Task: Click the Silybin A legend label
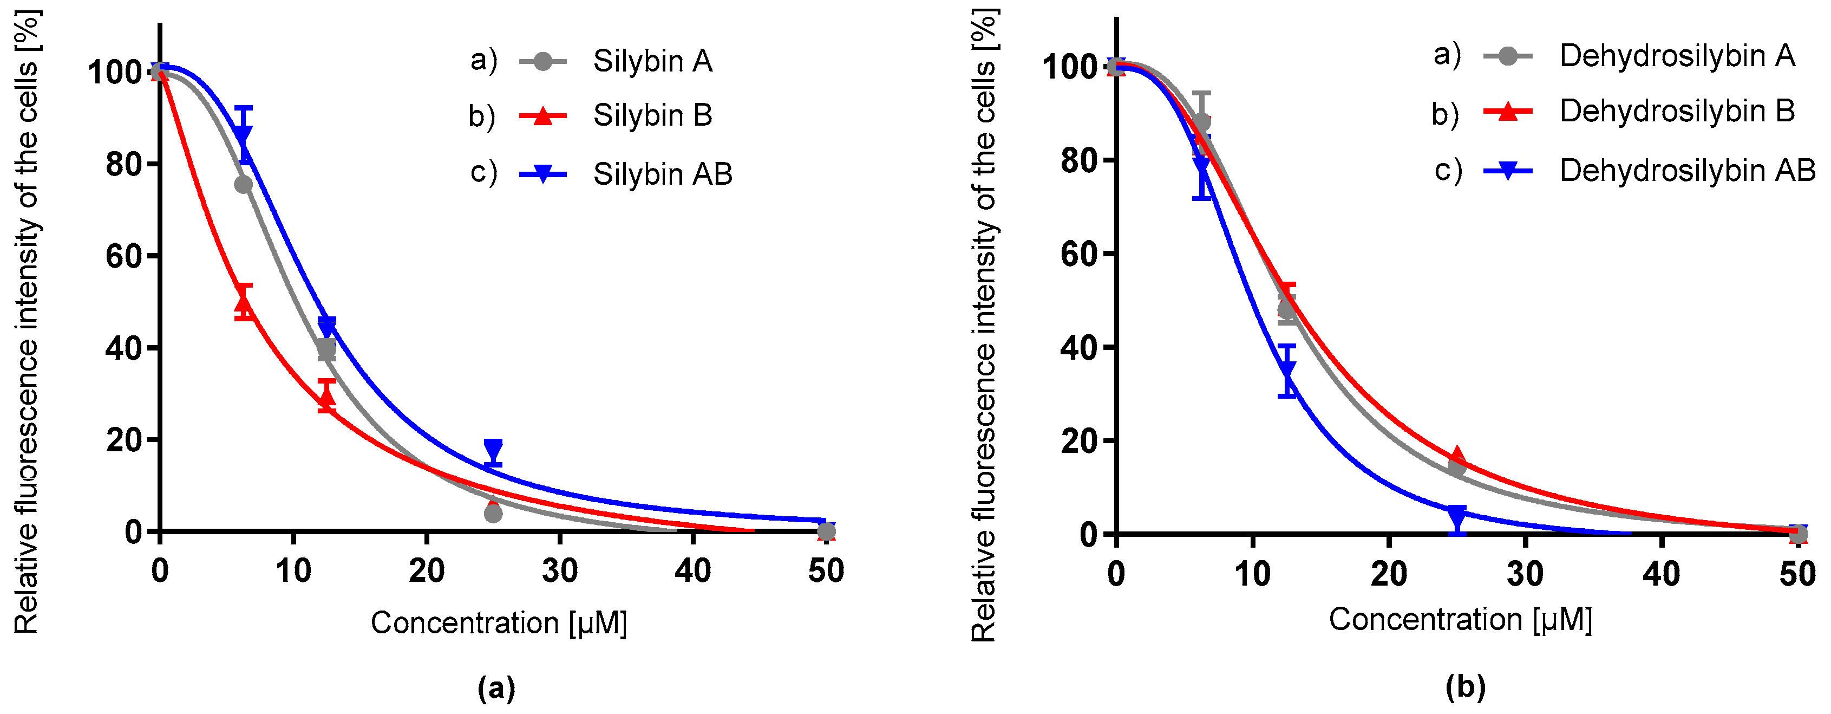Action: coord(652,61)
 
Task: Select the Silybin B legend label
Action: coord(652,115)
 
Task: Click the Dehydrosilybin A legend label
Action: coord(1677,56)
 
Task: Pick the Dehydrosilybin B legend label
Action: coord(1677,111)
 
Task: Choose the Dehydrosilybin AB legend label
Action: coord(1686,171)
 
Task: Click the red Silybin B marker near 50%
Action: coord(244,304)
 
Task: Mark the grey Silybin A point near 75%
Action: coord(243,185)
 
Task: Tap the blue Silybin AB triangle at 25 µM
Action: coord(493,450)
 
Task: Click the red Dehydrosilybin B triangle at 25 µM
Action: coord(1457,457)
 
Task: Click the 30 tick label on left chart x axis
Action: coord(559,571)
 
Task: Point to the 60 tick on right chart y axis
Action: coord(1079,255)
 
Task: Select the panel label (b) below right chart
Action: coord(1466,687)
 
